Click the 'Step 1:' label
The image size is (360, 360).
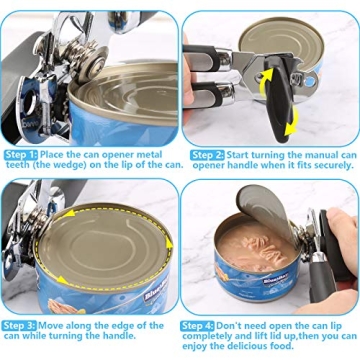(x=21, y=154)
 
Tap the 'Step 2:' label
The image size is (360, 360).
(x=206, y=154)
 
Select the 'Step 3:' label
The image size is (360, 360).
(x=21, y=326)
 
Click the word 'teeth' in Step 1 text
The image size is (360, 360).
(x=18, y=166)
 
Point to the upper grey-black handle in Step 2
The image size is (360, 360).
(x=215, y=69)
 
